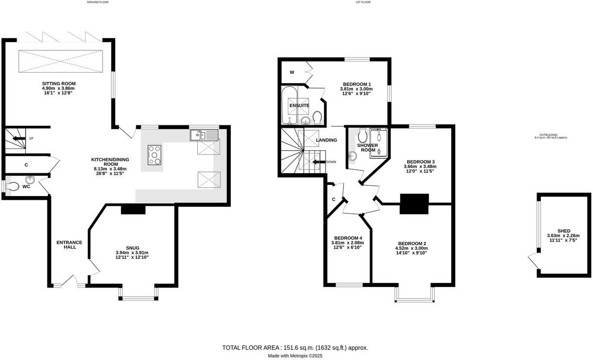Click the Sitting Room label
[x=59, y=83]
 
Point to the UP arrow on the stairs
[x=19, y=138]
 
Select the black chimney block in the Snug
[x=133, y=209]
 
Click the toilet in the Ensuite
[x=317, y=118]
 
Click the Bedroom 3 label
[x=420, y=162]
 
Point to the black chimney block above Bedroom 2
[x=414, y=203]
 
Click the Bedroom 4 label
[x=348, y=238]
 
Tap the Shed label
[x=563, y=231]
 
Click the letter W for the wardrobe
[x=292, y=72]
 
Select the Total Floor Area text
[x=295, y=347]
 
